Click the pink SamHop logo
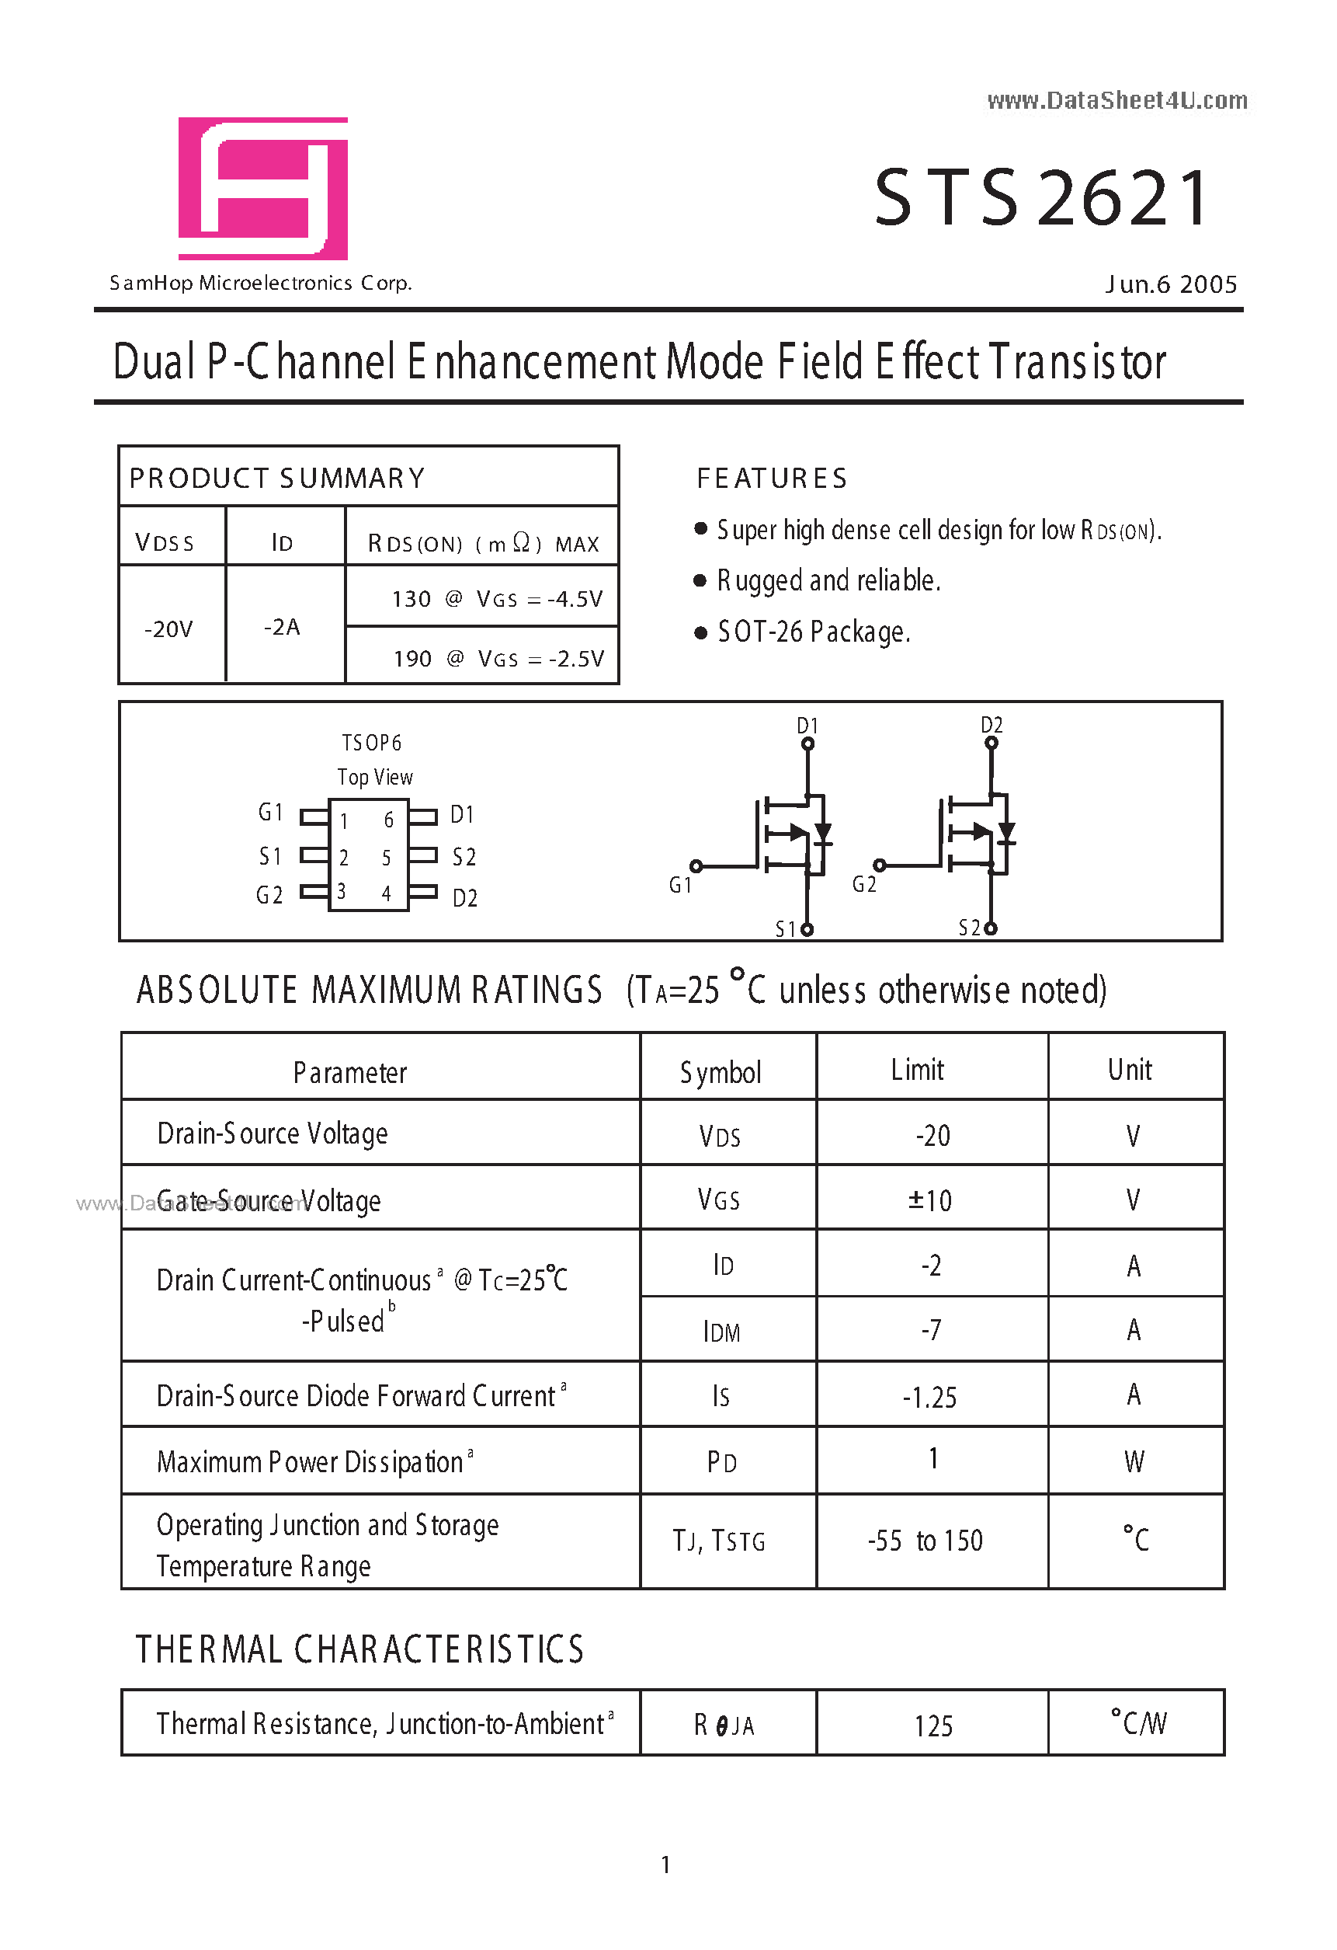coord(262,188)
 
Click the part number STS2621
coord(1043,198)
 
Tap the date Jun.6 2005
coord(1170,284)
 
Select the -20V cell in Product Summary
coord(168,629)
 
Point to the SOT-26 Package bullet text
coord(813,632)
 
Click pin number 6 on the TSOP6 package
coord(388,820)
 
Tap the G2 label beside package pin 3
coord(269,895)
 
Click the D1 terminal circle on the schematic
coord(807,743)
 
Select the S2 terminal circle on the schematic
coord(991,928)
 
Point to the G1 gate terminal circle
coord(696,866)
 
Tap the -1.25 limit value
coord(930,1397)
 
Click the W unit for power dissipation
coord(1134,1461)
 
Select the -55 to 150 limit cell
coord(925,1541)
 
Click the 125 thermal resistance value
coord(932,1726)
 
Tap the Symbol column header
coord(721,1072)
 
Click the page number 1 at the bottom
coord(666,1865)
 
